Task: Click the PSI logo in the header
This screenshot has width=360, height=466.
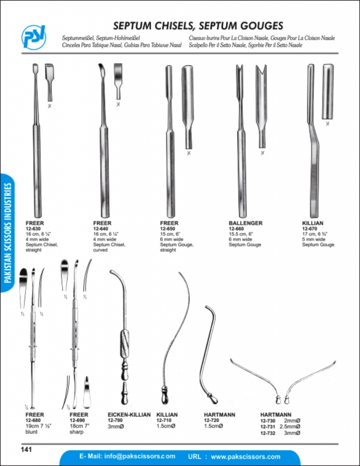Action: [34, 36]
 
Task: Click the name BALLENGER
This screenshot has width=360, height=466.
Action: [246, 223]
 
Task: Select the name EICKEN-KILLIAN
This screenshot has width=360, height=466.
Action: [129, 414]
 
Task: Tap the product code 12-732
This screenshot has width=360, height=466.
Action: [269, 434]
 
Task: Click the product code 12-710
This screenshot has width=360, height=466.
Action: [165, 419]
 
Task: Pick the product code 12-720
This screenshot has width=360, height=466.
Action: [212, 419]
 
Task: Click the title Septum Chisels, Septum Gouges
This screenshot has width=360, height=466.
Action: [198, 26]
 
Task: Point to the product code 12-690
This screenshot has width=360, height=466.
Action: [77, 419]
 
